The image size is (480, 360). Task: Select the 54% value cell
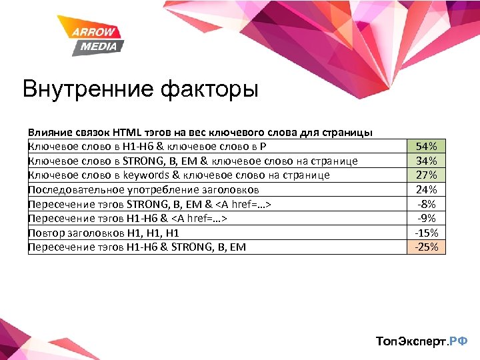pos(426,146)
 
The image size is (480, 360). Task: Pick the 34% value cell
pos(426,161)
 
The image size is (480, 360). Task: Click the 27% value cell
pos(426,175)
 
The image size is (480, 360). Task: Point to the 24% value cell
pos(426,189)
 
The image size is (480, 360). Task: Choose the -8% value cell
pos(426,203)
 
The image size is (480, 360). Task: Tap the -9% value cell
pos(426,218)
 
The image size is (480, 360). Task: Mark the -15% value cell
pos(426,233)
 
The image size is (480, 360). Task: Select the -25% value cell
pos(426,247)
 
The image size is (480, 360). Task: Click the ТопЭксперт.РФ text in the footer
pos(422,341)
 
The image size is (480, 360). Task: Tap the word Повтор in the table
pos(45,233)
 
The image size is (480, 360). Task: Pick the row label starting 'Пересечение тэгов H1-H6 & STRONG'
pos(137,247)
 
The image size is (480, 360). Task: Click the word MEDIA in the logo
pos(99,46)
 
